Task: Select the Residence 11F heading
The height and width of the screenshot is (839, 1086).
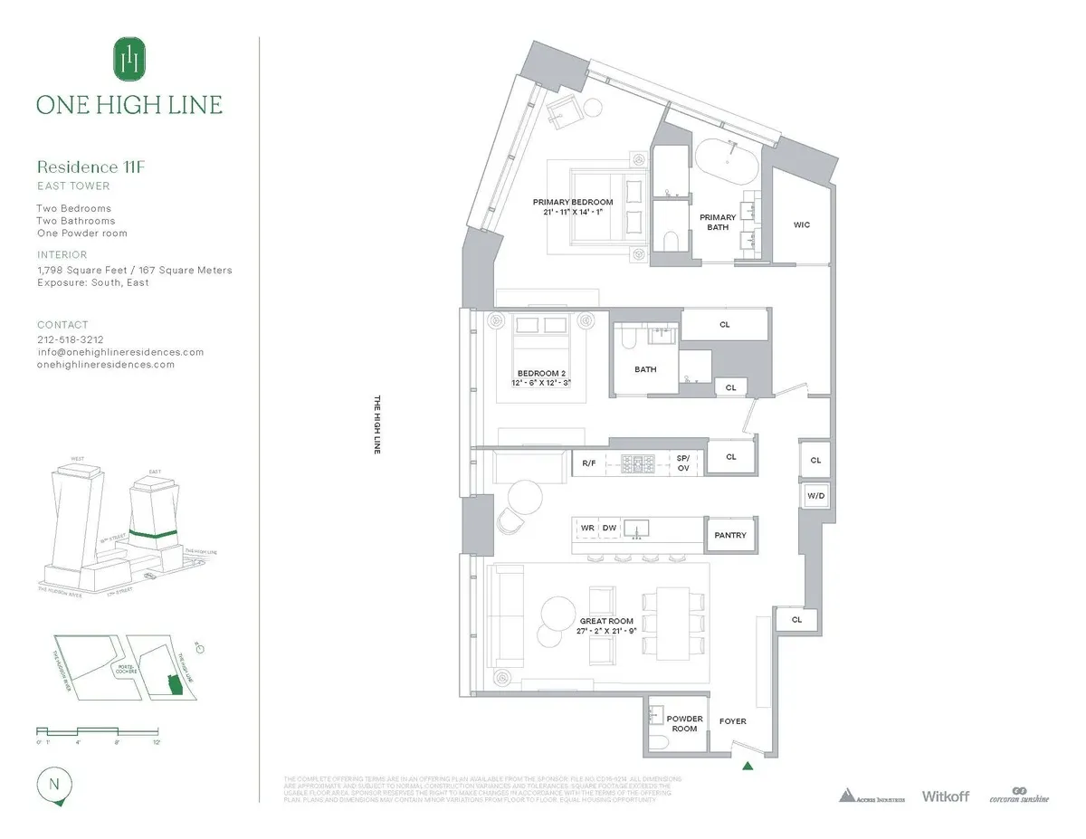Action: (x=90, y=167)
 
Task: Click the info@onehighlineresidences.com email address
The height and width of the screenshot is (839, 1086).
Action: (x=119, y=352)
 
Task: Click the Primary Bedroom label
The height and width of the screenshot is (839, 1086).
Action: (x=572, y=202)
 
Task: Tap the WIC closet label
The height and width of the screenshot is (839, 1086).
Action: (x=801, y=225)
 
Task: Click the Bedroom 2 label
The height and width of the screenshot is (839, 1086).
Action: (x=541, y=373)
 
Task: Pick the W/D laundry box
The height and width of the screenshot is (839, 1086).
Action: (x=814, y=495)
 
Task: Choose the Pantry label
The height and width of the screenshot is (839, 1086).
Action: (x=730, y=535)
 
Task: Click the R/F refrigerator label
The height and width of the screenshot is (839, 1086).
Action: (x=588, y=462)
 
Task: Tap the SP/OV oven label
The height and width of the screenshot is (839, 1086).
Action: (x=683, y=462)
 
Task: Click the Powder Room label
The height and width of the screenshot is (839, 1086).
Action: (x=684, y=723)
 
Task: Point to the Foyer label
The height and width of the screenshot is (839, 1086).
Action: (x=732, y=721)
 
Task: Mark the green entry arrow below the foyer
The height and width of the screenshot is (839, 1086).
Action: (x=748, y=767)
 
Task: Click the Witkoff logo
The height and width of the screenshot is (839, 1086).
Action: (x=945, y=796)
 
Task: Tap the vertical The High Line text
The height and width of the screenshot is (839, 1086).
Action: (x=377, y=424)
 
